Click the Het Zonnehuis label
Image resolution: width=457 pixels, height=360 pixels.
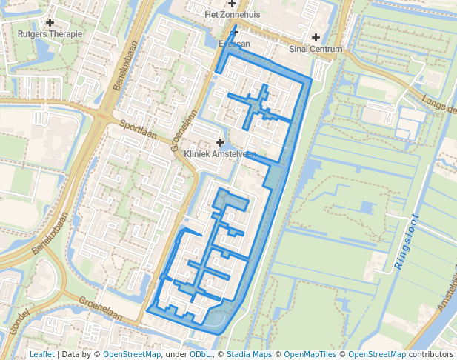232,14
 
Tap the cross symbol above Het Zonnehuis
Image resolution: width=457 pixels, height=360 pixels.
232,4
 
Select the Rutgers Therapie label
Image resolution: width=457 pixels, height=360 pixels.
50,34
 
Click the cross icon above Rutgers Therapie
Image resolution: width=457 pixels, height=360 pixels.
50,23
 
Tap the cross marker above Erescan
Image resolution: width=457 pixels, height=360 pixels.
235,32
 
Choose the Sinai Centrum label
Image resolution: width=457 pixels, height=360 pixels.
316,50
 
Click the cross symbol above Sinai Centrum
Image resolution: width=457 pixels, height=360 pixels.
316,38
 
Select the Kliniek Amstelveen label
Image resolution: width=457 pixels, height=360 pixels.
220,154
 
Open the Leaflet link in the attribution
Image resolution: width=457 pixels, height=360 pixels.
41,354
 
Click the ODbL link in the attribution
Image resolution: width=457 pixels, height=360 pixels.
200,354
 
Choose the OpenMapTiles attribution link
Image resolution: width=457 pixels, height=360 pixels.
310,354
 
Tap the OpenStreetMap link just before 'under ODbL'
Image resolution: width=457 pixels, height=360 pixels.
132,354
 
